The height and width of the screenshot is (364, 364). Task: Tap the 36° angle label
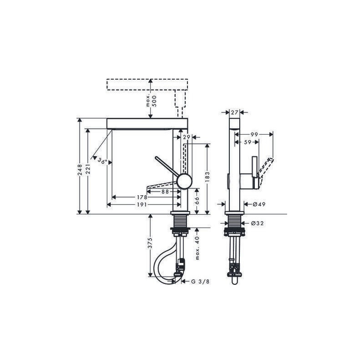[102, 161]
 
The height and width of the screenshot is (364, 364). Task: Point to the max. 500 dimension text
[152, 101]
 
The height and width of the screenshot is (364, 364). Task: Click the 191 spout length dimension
[142, 204]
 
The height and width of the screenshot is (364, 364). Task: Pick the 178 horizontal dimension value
[142, 197]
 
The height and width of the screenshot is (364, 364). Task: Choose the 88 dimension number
[165, 192]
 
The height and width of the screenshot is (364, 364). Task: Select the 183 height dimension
[207, 177]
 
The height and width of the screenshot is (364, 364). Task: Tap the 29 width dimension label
[187, 137]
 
